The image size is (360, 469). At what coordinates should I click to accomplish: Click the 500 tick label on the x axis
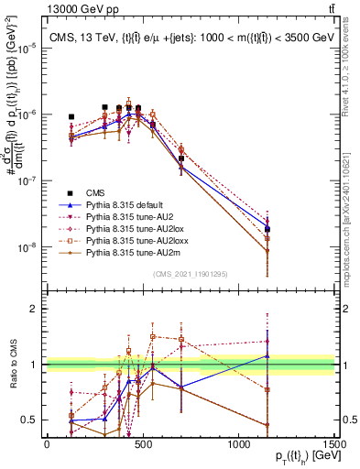point(142,444)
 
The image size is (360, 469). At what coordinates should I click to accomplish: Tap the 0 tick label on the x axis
point(47,444)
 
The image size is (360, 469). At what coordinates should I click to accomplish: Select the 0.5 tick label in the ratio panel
point(31,420)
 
